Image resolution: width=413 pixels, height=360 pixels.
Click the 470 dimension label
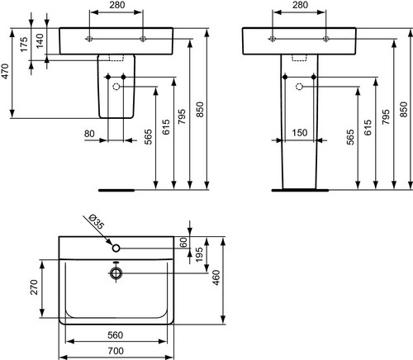[x=6, y=71]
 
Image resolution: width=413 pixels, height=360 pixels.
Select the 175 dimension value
[x=25, y=44]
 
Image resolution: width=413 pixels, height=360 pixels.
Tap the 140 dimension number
[x=40, y=40]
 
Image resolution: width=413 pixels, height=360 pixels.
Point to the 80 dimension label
[x=89, y=134]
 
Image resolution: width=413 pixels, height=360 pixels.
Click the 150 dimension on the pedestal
[x=299, y=133]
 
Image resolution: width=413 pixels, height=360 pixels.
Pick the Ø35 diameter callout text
[x=97, y=222]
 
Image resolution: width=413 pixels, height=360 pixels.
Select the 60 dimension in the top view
[x=183, y=242]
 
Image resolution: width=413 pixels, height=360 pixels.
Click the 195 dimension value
[x=199, y=254]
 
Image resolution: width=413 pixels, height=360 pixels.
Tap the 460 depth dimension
[x=216, y=277]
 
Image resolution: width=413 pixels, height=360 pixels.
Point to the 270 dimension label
[x=34, y=287]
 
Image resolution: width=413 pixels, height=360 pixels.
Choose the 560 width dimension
[x=115, y=335]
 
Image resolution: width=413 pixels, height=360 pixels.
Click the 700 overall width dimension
[x=116, y=351]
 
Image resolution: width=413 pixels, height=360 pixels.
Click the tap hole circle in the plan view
[x=116, y=248]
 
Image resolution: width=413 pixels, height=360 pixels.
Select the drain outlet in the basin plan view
[x=116, y=273]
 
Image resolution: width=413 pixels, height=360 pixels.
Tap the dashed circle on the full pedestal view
[x=299, y=87]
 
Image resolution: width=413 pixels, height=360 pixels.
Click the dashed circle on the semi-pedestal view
[x=116, y=87]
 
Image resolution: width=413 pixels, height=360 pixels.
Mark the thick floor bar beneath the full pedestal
[x=300, y=190]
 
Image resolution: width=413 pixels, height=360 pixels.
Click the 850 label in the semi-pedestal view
[x=201, y=109]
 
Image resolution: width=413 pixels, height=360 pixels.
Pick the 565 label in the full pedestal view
[x=350, y=137]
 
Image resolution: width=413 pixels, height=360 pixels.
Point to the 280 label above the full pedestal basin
[x=300, y=5]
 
